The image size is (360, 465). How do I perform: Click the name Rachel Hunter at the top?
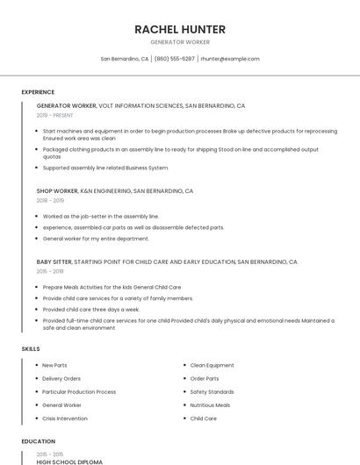[180, 29]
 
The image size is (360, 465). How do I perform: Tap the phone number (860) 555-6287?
[175, 59]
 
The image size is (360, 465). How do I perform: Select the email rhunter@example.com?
[230, 59]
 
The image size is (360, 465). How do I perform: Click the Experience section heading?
[38, 92]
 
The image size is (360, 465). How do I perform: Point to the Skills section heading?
[31, 348]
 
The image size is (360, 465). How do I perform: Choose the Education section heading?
[38, 441]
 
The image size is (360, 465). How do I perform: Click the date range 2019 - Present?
[55, 115]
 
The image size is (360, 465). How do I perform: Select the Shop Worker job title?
[57, 190]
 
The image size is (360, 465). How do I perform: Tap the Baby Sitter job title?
[54, 261]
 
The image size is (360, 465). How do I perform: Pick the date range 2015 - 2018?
[50, 271]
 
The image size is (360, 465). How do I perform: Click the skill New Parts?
[54, 365]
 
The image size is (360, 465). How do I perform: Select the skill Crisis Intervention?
[65, 418]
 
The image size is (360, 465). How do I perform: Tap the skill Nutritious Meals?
[210, 405]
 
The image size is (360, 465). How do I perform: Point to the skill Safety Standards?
[212, 391]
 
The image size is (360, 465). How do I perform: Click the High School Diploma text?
[69, 461]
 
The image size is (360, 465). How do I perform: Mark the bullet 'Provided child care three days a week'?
[91, 309]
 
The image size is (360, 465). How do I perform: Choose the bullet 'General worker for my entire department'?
[96, 238]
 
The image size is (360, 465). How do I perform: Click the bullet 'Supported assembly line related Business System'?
[105, 168]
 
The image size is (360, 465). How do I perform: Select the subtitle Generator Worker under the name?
[180, 42]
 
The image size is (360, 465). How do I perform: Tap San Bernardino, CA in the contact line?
[125, 59]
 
